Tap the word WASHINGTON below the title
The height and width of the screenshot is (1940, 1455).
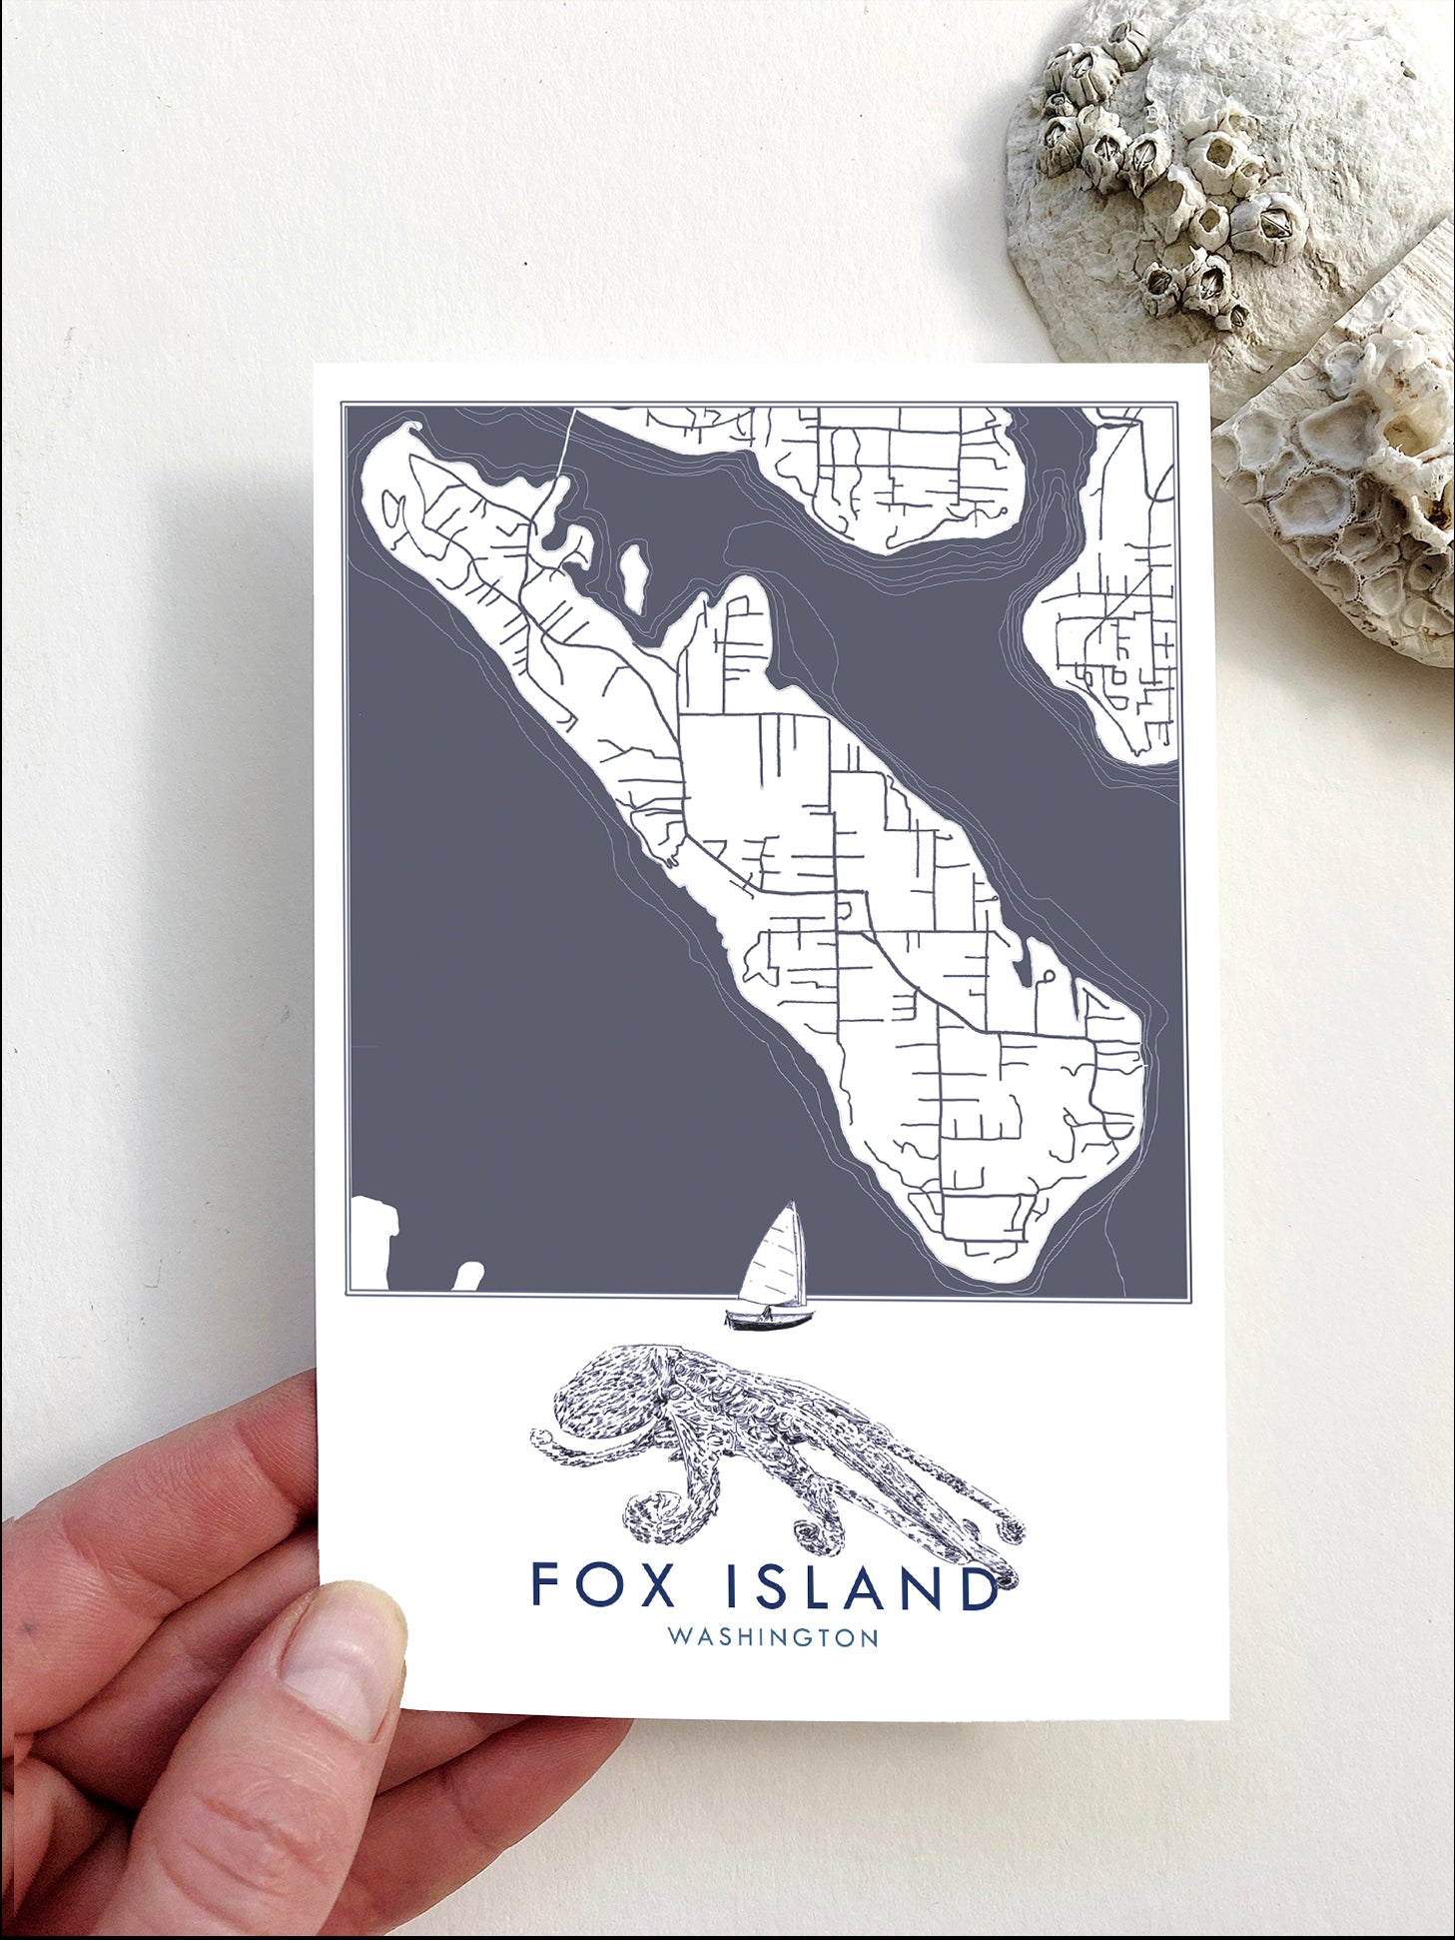coord(773,1638)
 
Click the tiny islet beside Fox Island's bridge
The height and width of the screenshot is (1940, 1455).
coord(633,576)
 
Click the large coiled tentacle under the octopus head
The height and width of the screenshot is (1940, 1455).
coord(654,1518)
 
